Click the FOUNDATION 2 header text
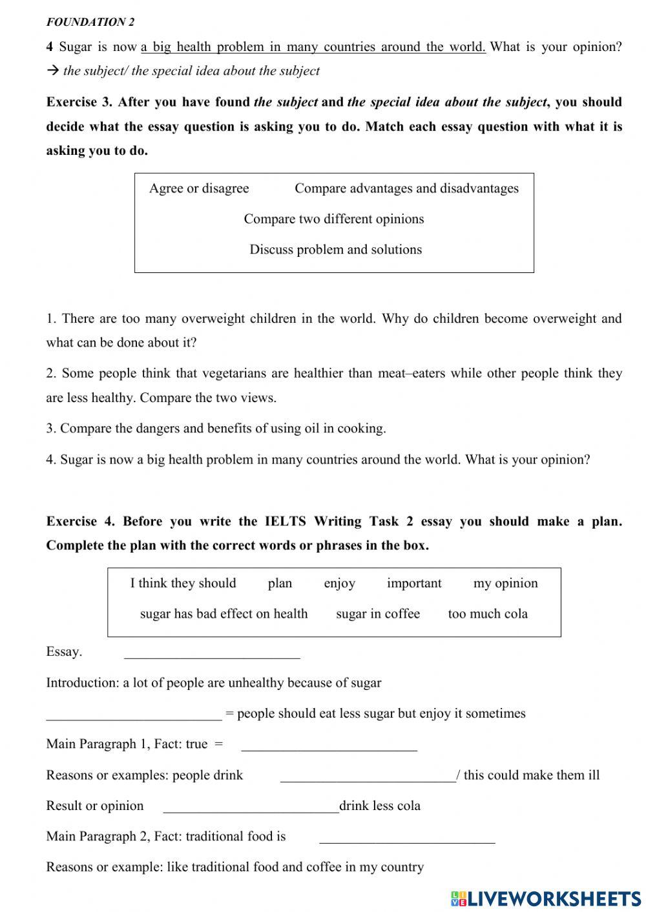point(90,22)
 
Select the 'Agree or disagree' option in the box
point(199,188)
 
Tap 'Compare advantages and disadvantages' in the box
point(406,188)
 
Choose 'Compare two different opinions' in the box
point(334,219)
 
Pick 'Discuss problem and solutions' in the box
point(335,249)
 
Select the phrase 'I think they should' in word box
point(183,583)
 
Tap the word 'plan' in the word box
point(280,583)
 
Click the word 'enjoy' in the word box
point(339,583)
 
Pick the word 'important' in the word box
point(414,583)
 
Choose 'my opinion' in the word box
point(505,583)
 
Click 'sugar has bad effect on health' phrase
point(224,614)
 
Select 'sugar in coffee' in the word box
point(377,614)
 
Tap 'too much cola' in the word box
point(488,614)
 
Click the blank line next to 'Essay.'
point(212,653)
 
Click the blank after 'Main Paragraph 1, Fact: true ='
point(329,745)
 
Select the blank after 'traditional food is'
point(407,838)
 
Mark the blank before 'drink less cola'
point(251,807)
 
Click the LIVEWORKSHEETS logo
point(546,898)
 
